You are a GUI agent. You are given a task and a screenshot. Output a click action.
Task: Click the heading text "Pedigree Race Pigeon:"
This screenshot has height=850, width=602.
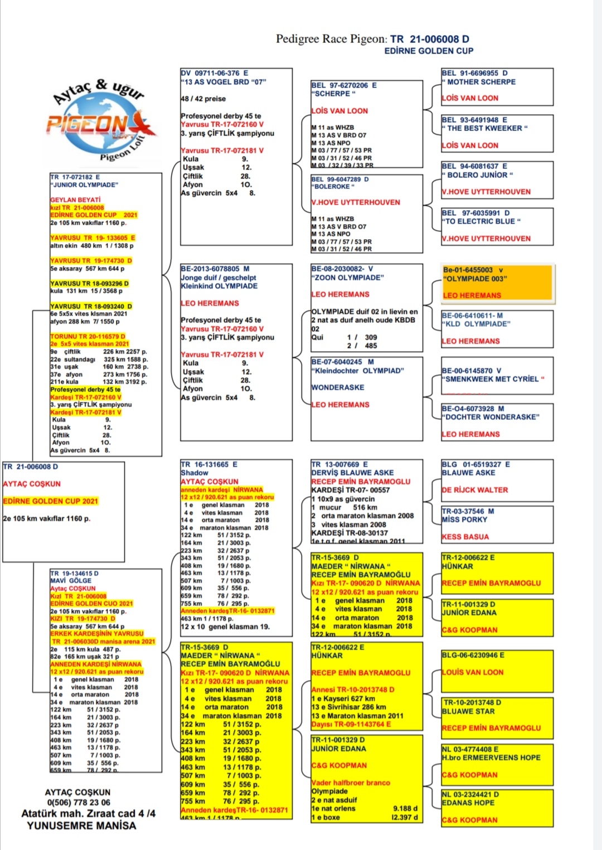click(x=331, y=39)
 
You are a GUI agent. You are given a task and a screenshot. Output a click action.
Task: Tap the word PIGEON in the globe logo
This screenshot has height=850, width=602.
click(x=88, y=124)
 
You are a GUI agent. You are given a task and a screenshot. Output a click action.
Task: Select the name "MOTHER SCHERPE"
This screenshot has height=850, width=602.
click(x=481, y=82)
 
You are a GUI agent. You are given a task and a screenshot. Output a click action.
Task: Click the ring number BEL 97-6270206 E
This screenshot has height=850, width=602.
click(x=343, y=85)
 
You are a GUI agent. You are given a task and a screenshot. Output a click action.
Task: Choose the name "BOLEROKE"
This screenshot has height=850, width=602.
click(x=332, y=187)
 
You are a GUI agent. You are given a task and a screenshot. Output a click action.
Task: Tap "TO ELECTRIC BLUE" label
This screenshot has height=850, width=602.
click(x=482, y=221)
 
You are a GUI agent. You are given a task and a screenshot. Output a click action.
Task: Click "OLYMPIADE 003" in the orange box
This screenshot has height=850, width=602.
click(x=475, y=279)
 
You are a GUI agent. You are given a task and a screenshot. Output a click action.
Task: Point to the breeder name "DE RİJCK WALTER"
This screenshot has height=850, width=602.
click(x=474, y=490)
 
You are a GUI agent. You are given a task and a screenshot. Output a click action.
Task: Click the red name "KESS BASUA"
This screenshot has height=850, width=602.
click(x=465, y=537)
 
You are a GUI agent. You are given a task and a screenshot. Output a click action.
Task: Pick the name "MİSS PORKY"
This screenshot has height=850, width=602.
click(x=464, y=519)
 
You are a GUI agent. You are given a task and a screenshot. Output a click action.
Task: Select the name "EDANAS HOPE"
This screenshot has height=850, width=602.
click(x=468, y=803)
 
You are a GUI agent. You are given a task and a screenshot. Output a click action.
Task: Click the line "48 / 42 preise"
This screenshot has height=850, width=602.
click(x=203, y=99)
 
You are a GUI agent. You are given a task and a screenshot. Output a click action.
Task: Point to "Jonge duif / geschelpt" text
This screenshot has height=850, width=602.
click(x=219, y=278)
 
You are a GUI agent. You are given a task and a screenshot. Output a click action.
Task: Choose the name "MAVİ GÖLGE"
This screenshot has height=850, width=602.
click(x=71, y=581)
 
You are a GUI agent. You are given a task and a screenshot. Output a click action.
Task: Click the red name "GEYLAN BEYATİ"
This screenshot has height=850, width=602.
click(x=75, y=200)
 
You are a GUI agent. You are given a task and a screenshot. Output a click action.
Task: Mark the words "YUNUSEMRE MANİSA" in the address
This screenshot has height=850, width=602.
click(x=81, y=825)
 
